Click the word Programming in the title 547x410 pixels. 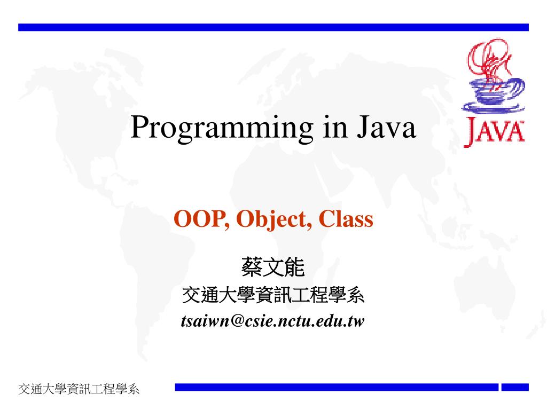[x=222, y=128]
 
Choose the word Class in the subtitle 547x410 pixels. [x=346, y=219]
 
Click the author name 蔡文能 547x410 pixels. [x=273, y=267]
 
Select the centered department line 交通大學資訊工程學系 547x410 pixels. [x=273, y=295]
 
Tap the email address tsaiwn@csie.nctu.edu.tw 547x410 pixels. [x=273, y=321]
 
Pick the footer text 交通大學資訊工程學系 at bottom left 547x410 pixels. [x=79, y=389]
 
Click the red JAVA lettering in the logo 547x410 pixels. [x=494, y=131]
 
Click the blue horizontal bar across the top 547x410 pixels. [x=273, y=27]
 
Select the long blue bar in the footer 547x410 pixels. [x=337, y=387]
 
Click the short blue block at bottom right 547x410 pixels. [x=515, y=387]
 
